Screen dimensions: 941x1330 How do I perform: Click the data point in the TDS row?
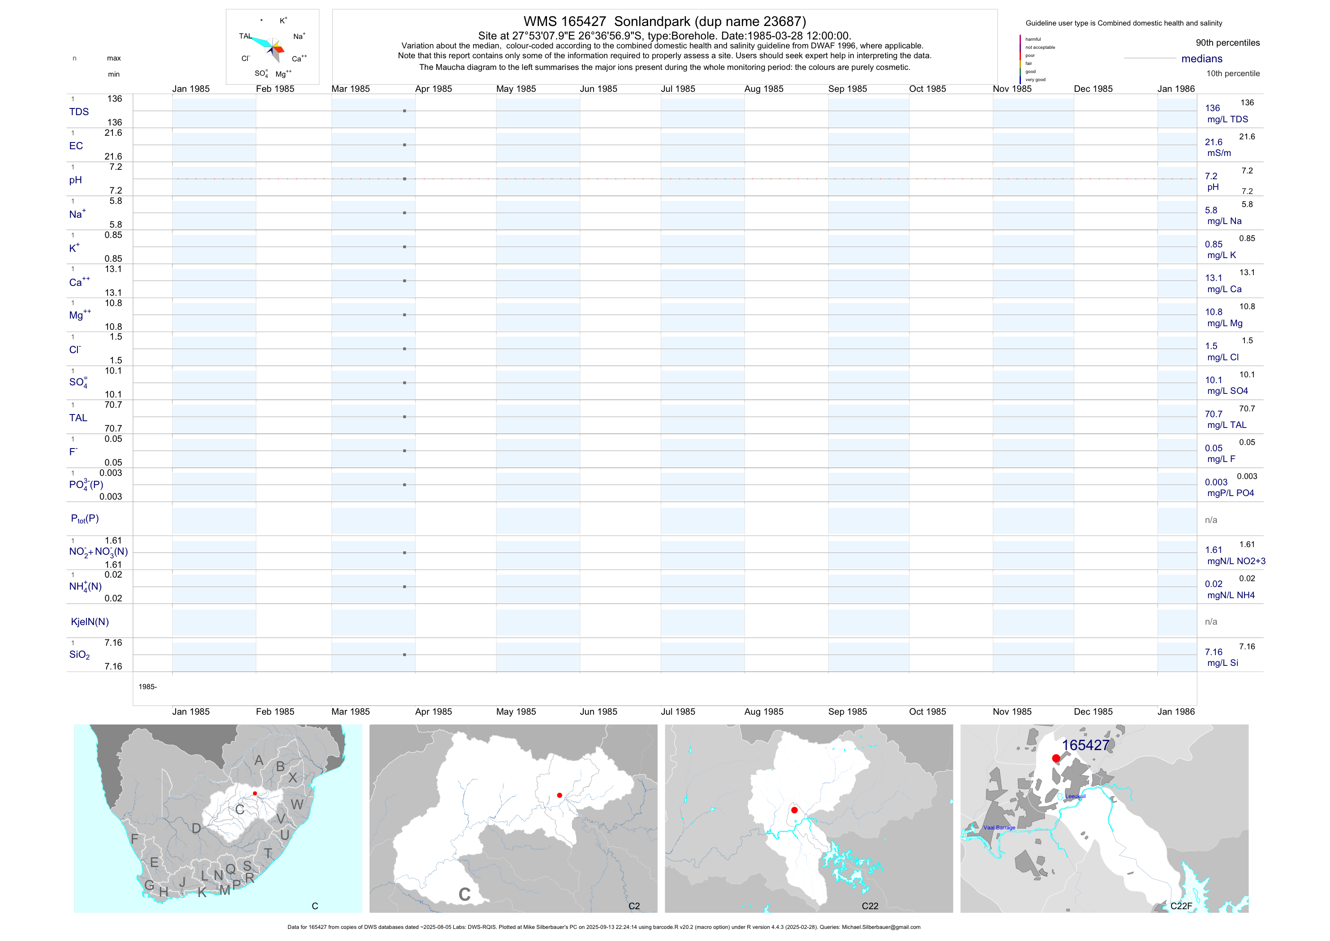click(405, 111)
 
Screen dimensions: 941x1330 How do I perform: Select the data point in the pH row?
click(405, 178)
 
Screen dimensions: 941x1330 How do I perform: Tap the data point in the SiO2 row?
click(405, 655)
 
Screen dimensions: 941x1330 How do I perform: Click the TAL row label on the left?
click(78, 418)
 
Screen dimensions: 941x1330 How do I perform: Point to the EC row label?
click(76, 146)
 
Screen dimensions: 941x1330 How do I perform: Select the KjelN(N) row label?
click(90, 622)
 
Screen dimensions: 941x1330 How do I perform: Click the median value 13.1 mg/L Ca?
click(1214, 278)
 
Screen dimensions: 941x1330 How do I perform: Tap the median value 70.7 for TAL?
click(1214, 414)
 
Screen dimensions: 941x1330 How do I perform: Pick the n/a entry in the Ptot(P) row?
click(1211, 520)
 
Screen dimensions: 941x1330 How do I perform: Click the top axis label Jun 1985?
click(598, 89)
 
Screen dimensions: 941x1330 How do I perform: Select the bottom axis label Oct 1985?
click(927, 712)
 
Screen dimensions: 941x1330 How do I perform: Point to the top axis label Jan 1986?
click(1176, 89)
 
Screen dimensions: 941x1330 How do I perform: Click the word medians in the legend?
click(1202, 59)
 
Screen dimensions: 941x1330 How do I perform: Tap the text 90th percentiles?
click(1227, 43)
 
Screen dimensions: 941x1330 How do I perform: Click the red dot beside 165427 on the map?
click(1056, 758)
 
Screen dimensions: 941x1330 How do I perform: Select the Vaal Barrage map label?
click(999, 828)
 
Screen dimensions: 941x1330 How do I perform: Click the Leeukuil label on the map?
click(1075, 796)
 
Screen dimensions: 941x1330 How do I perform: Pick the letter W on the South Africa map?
click(297, 804)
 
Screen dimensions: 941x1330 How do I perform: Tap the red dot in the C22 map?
click(794, 810)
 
